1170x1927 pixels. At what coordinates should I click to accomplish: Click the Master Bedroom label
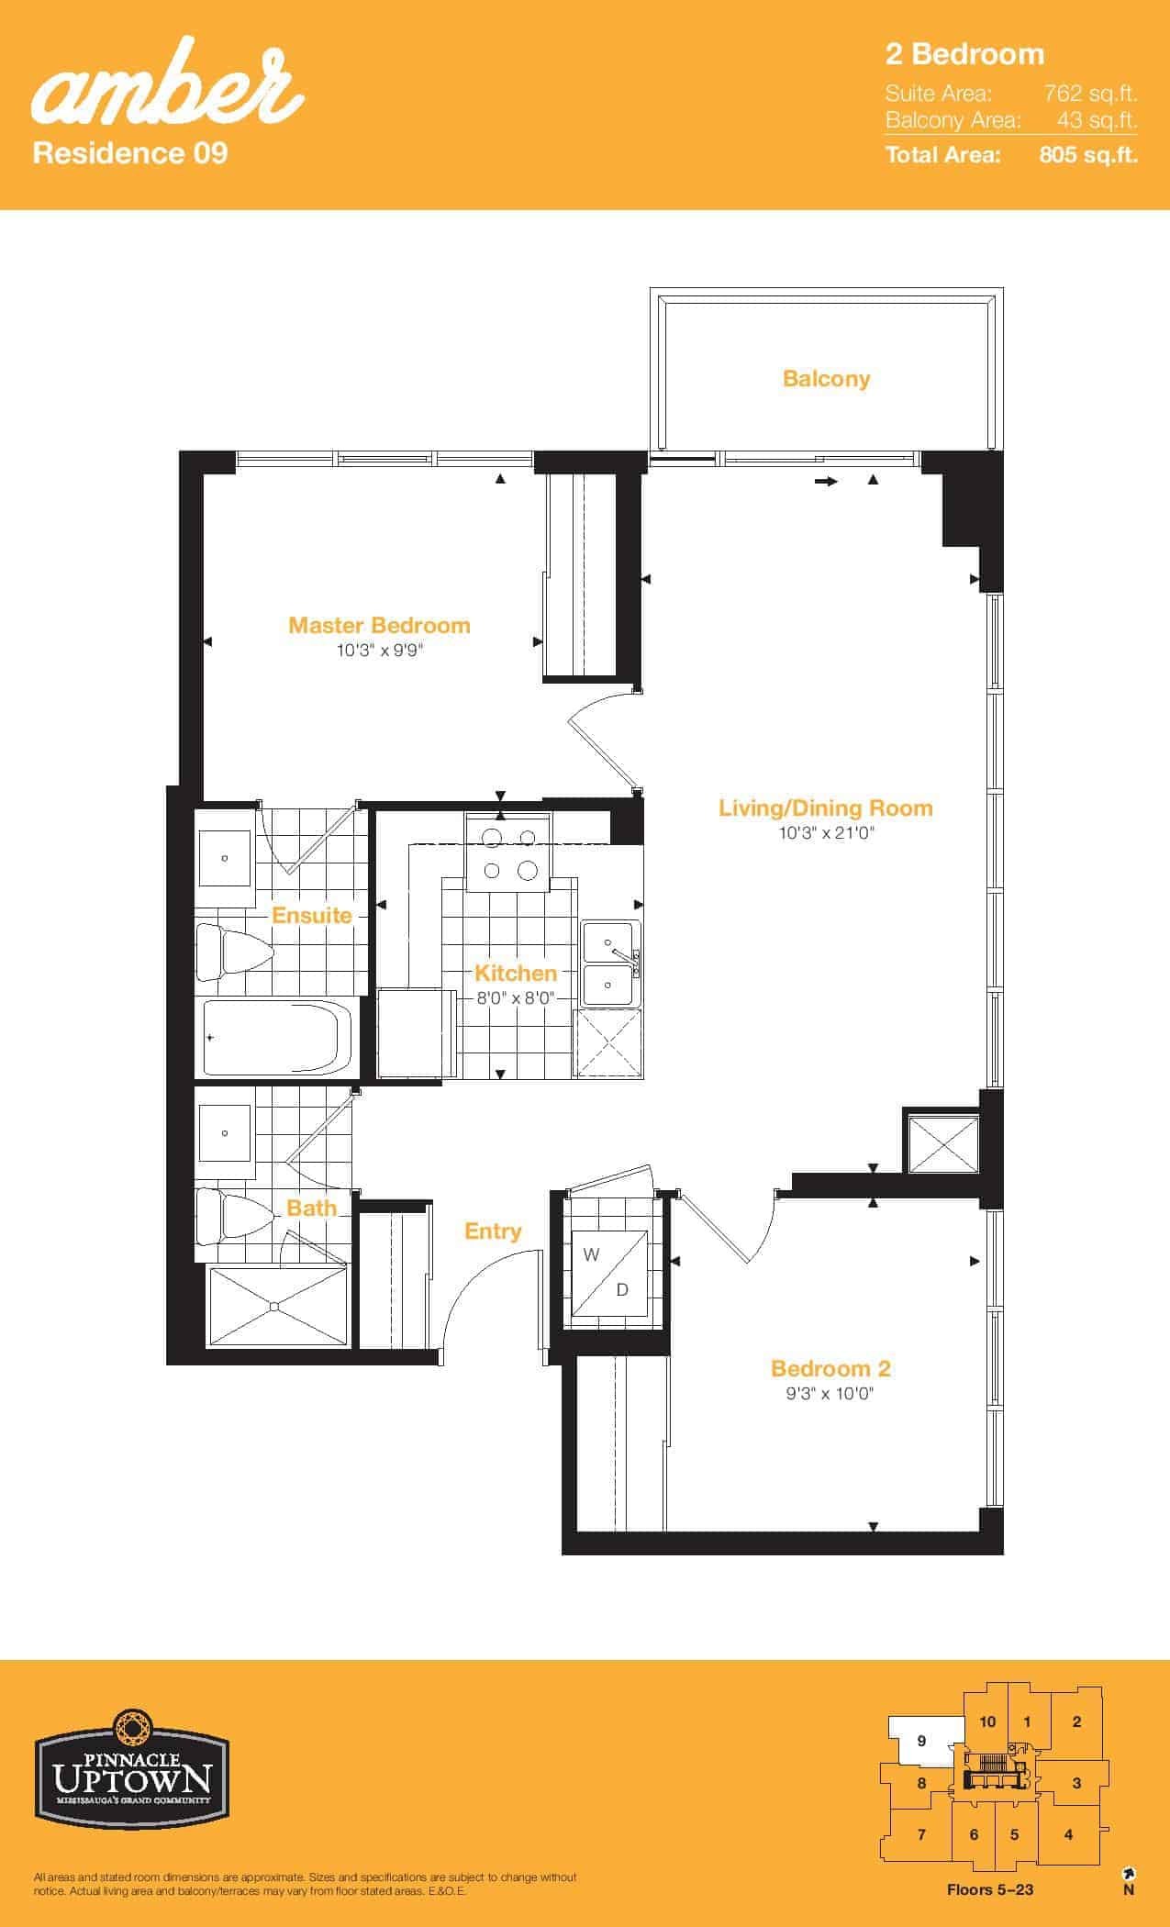point(379,625)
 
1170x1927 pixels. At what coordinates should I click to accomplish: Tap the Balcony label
point(826,379)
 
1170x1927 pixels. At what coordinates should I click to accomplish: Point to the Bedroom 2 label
point(830,1368)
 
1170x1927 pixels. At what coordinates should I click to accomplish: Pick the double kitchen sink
point(611,963)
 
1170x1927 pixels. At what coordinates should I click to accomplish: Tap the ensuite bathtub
point(279,1038)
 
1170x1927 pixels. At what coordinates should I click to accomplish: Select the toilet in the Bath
point(234,1217)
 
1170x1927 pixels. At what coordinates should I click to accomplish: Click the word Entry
point(493,1231)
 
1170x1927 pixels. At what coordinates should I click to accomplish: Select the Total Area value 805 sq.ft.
point(1088,154)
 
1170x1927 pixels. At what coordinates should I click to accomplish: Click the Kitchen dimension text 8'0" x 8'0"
point(516,998)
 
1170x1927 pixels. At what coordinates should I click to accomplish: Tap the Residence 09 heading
point(130,151)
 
